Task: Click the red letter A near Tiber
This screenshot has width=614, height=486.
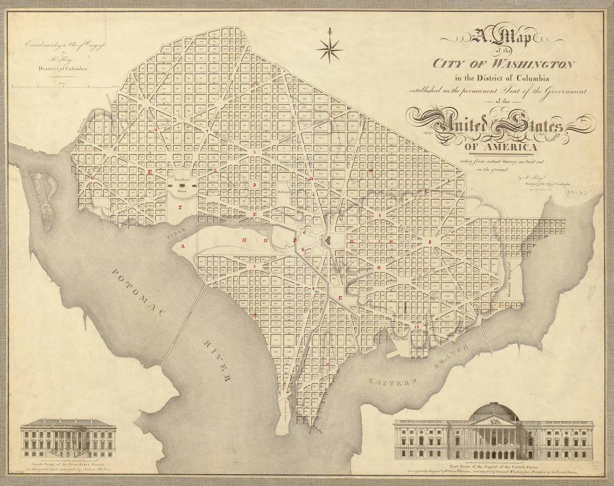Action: point(182,246)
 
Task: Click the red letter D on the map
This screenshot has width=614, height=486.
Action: point(254,185)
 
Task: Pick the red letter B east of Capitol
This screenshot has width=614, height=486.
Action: point(429,242)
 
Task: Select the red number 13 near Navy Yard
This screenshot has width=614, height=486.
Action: point(416,325)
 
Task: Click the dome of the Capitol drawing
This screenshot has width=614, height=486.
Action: point(494,411)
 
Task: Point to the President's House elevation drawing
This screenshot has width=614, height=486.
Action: point(68,438)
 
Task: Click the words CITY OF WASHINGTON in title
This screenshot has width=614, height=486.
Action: point(504,64)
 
